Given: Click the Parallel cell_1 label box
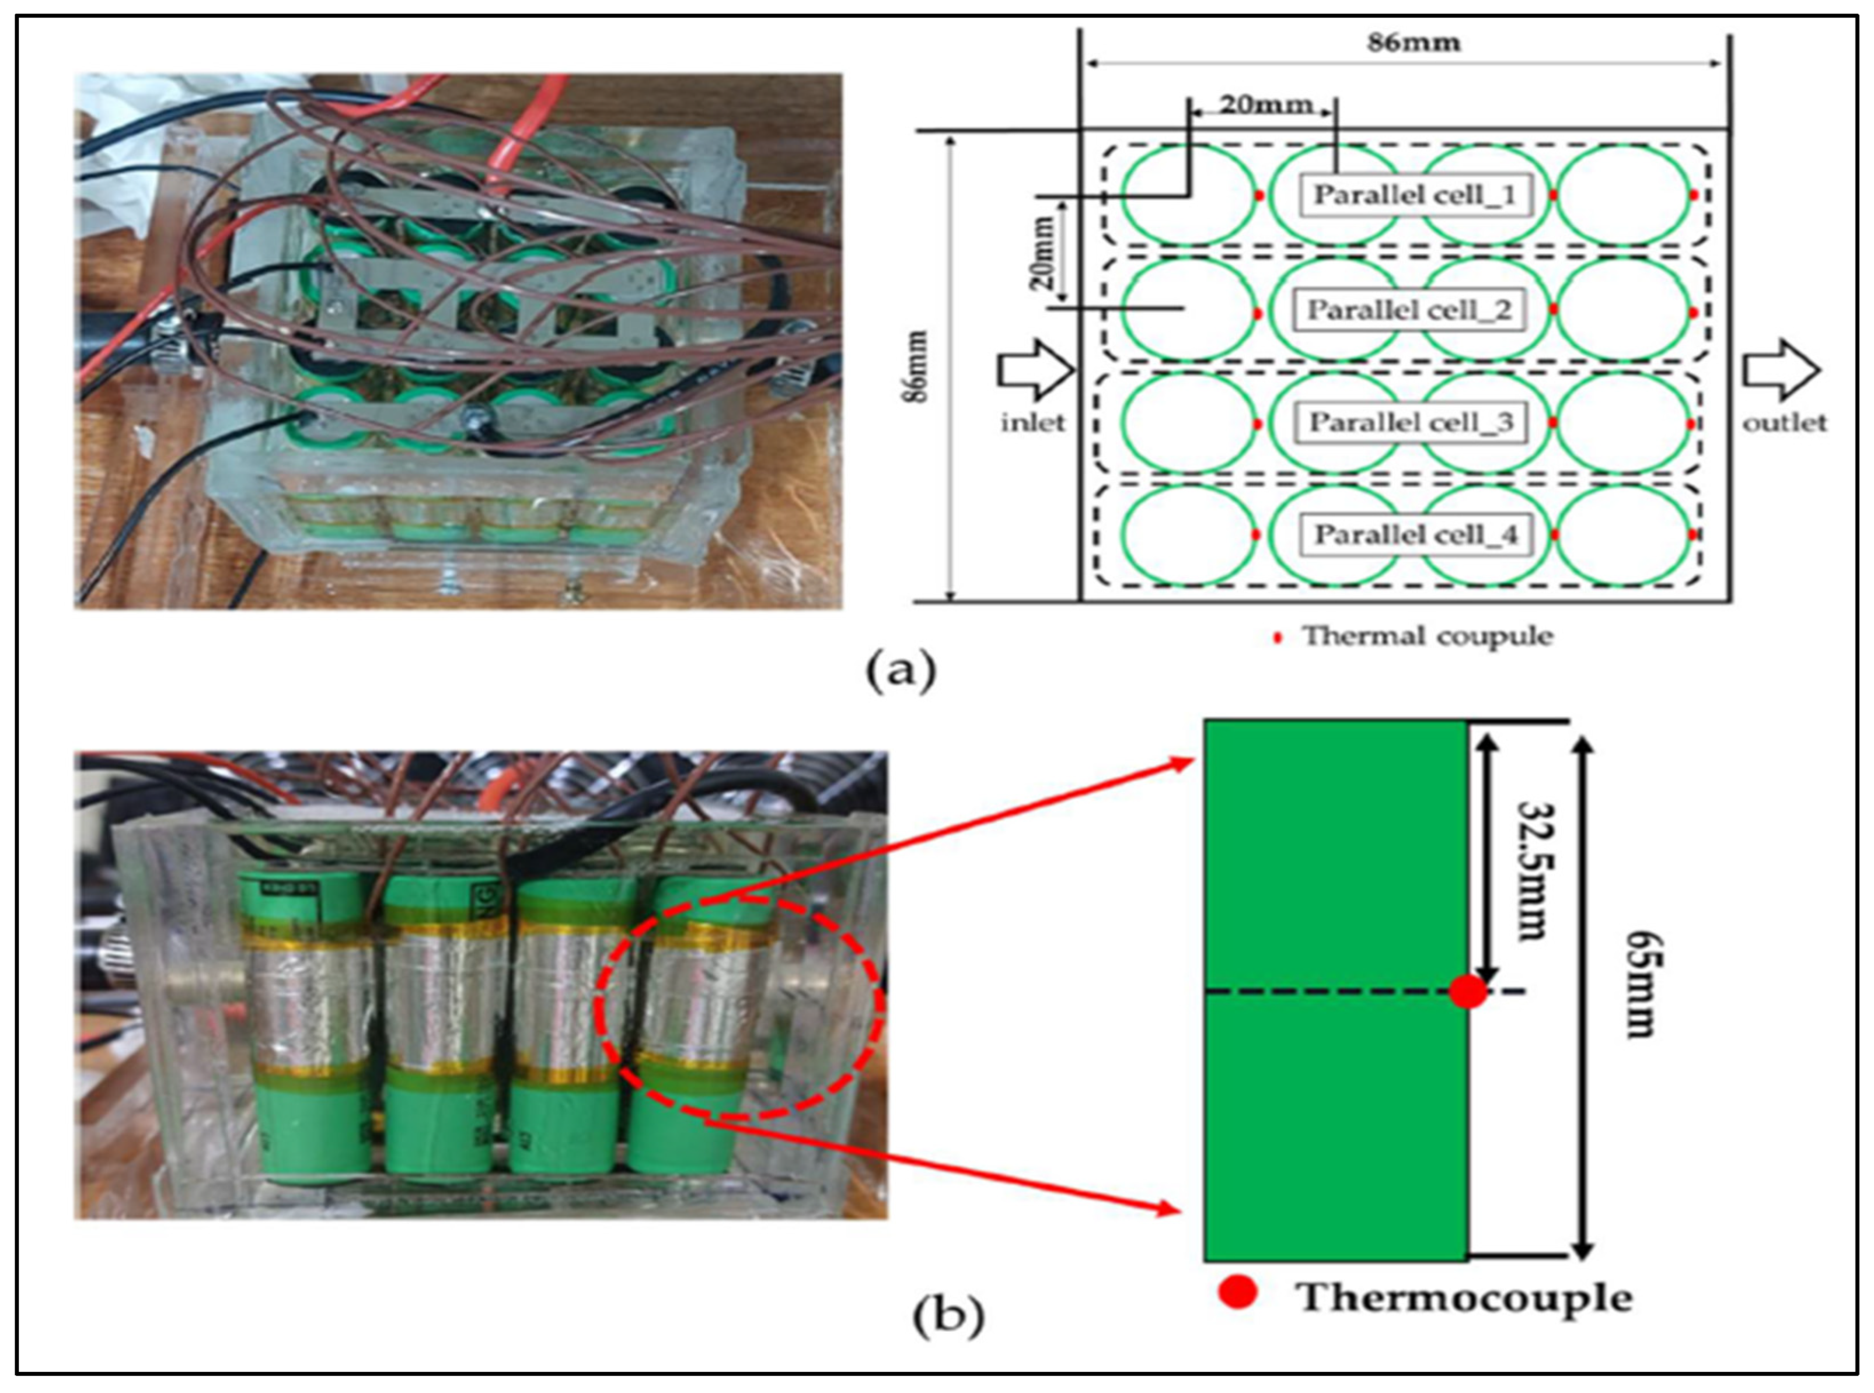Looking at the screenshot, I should [1414, 195].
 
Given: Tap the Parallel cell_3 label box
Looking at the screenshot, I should [1410, 422].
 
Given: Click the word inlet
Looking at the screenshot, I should [1033, 422].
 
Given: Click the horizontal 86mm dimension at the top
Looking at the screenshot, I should [1414, 42].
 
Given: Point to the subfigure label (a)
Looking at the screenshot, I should [901, 672].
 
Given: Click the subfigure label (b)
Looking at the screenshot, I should [948, 1315].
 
